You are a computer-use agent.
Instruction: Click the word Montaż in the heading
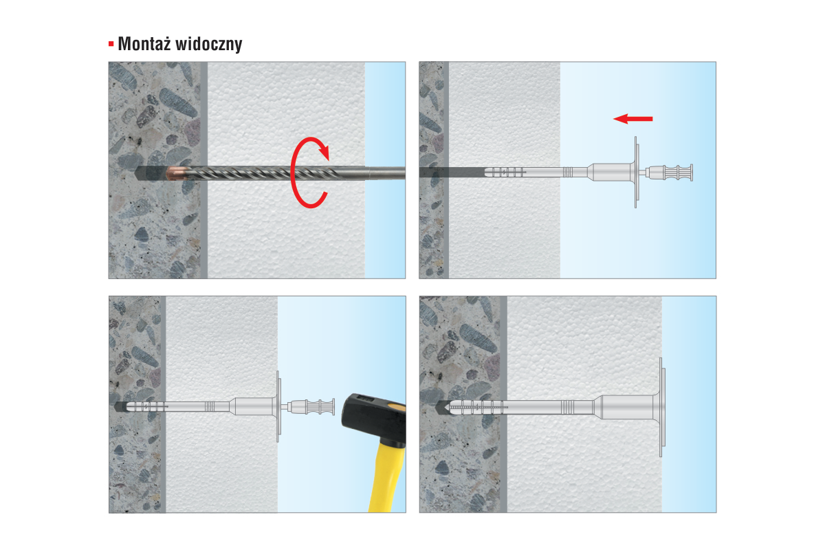(144, 44)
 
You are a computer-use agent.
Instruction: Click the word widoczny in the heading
(209, 45)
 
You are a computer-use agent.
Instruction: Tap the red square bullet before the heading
(111, 44)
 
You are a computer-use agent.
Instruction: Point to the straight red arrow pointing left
(632, 119)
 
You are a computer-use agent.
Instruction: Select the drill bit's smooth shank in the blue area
(385, 173)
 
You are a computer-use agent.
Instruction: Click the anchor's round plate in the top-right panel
(637, 172)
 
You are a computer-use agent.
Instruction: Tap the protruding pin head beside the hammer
(311, 407)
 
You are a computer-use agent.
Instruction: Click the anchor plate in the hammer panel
(278, 406)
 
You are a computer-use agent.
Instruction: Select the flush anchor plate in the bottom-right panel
(663, 407)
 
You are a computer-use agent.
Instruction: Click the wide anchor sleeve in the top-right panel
(611, 172)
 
